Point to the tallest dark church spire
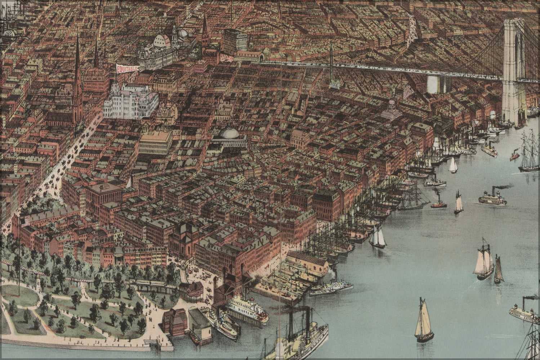77,79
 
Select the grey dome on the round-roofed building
228,132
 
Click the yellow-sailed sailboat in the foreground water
424,320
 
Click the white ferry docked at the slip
247,309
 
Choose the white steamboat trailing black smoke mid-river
492,198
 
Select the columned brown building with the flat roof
104,194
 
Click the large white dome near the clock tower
162,41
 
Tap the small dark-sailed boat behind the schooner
499,270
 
